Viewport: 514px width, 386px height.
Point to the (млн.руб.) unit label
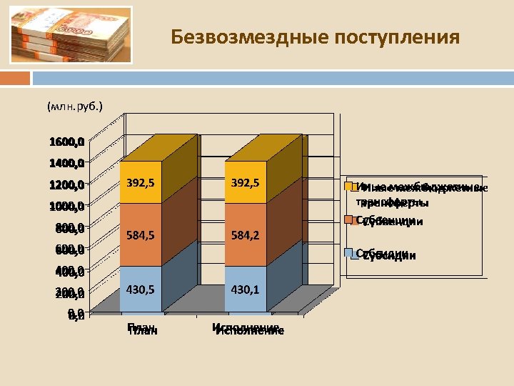(x=74, y=107)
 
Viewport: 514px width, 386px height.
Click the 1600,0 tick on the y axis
(x=67, y=142)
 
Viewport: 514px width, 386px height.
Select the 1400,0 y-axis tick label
(x=67, y=163)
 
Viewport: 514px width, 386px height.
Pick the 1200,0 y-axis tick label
(x=67, y=185)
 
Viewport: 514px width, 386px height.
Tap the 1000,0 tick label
(x=67, y=207)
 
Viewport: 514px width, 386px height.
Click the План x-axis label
(x=142, y=329)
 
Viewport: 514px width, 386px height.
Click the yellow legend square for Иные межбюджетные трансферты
(x=349, y=187)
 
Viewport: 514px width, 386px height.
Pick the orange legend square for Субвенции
(x=349, y=220)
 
